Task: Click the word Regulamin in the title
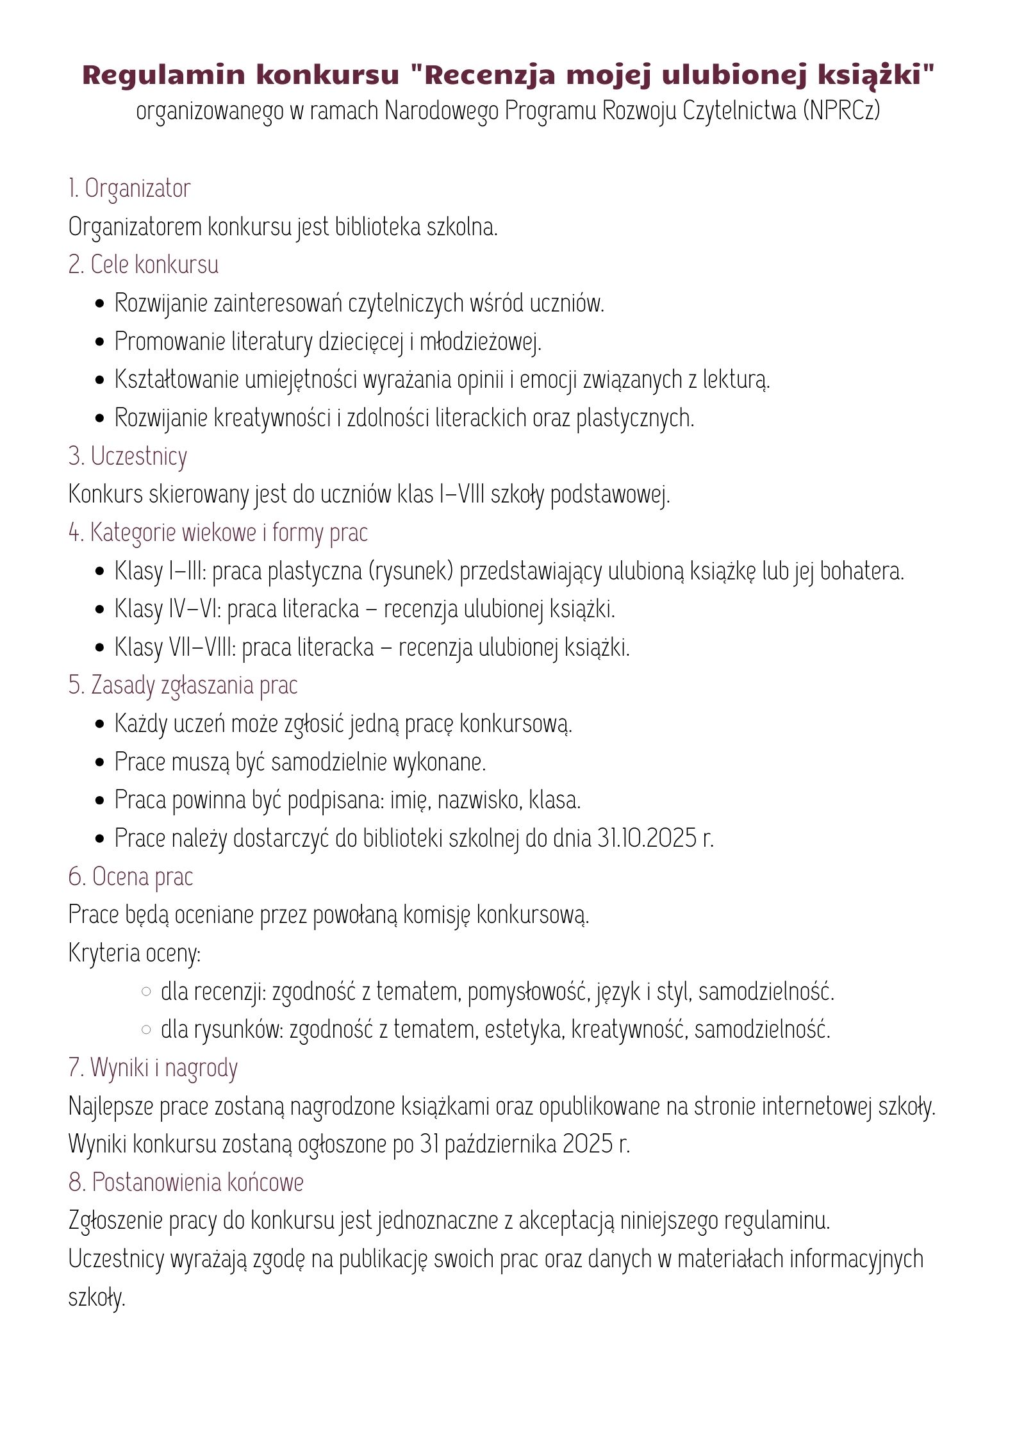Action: point(163,76)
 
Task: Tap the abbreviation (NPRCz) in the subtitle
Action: point(840,111)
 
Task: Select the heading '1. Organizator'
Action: point(129,188)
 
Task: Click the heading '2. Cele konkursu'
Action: point(144,265)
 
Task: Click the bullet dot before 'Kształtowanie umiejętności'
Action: point(99,380)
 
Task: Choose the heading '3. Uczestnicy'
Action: point(128,456)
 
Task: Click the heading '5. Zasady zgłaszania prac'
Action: point(183,685)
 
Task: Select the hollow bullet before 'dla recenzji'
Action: point(146,992)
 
